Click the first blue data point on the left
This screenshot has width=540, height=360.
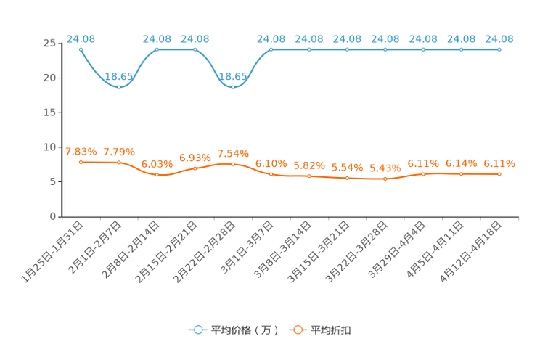click(81, 49)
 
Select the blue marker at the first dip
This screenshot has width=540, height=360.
click(119, 86)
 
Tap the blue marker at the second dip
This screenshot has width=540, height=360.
click(233, 86)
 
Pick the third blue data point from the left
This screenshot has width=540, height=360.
click(157, 49)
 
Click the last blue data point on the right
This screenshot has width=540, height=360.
click(499, 49)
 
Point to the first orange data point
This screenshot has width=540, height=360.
click(81, 162)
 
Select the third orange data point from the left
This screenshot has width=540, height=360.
click(157, 174)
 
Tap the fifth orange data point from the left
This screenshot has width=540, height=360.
click(233, 163)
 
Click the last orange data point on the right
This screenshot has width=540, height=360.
click(499, 173)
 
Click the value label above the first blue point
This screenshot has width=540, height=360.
click(81, 38)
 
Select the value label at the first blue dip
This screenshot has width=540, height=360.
click(119, 75)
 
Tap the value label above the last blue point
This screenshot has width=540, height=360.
click(499, 38)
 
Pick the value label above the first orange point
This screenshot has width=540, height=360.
click(81, 151)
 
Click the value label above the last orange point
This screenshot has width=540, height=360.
click(499, 163)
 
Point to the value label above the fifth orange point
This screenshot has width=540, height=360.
click(233, 152)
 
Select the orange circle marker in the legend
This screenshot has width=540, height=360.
click(297, 330)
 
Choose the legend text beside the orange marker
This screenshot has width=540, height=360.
click(331, 330)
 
